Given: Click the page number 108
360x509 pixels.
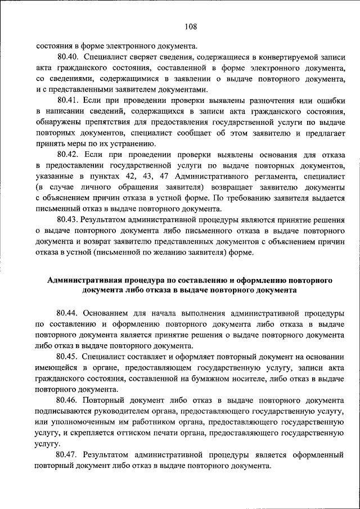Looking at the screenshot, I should tap(190, 25).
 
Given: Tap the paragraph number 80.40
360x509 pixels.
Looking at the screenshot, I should tap(67, 57).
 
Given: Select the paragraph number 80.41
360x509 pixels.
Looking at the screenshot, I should tap(67, 100).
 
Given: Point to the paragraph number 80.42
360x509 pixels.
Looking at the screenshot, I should tap(67, 154).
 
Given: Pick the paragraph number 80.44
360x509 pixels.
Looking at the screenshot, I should tap(67, 313).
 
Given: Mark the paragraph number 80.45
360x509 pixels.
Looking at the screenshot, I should tap(67, 356).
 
